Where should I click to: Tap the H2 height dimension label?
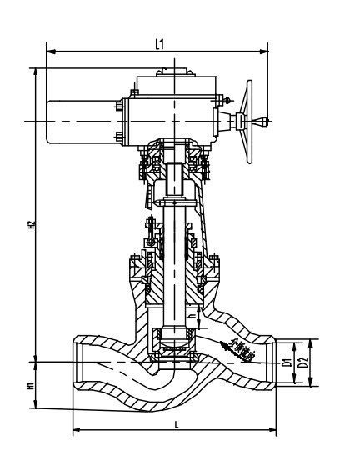[31, 224]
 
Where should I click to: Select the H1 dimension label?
[31, 386]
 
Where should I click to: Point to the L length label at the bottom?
[177, 423]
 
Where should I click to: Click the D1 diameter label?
[286, 362]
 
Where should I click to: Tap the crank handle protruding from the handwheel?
[262, 122]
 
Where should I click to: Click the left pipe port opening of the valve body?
[77, 362]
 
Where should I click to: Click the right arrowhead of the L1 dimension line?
[267, 52]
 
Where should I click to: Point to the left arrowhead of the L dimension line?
[76, 431]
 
